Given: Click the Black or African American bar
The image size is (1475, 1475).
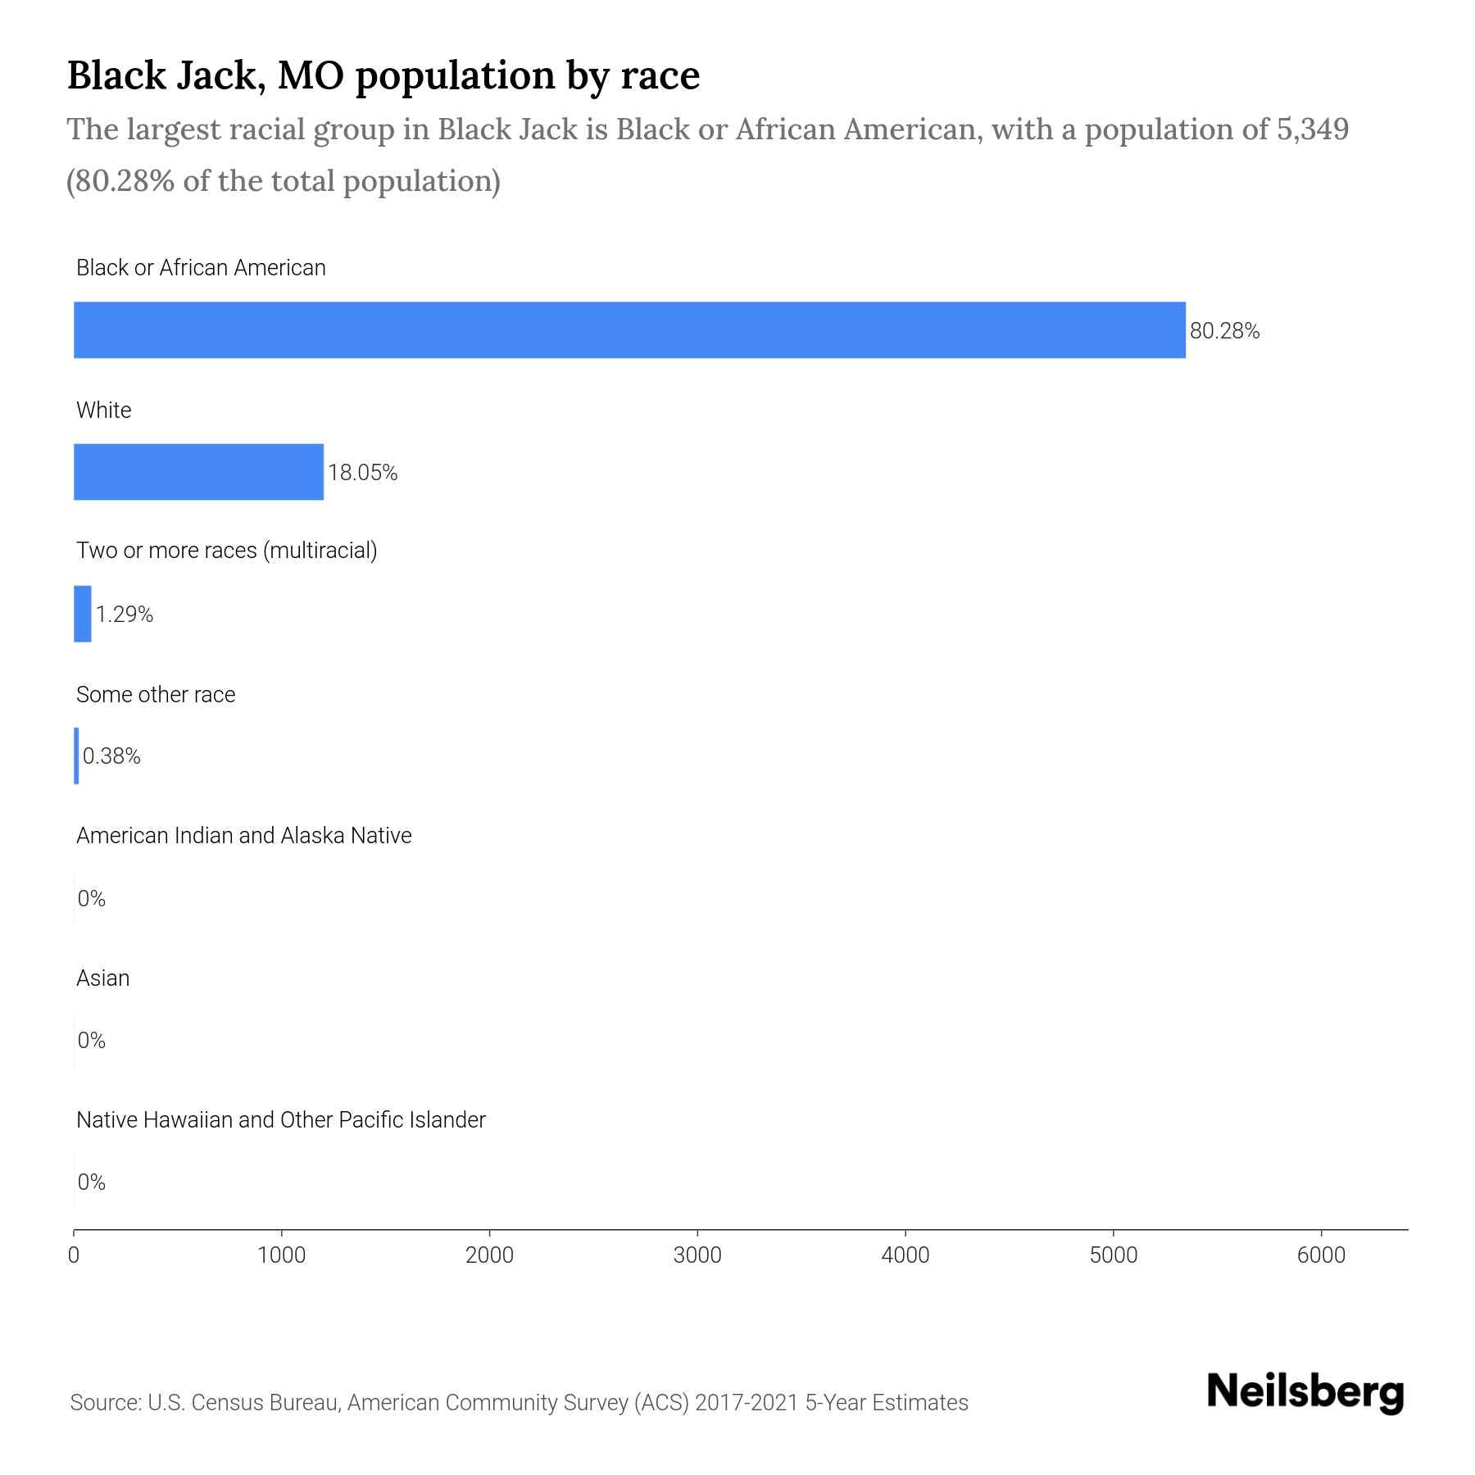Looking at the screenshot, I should (629, 329).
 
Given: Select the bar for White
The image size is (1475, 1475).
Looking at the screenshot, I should (198, 472).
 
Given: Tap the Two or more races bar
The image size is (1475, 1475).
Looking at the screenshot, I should (83, 614).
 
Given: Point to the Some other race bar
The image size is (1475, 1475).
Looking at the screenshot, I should (77, 756).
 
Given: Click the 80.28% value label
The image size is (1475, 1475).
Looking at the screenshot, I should (1224, 331).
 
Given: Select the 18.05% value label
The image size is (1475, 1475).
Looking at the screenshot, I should (362, 473).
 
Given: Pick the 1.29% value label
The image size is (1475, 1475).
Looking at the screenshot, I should (125, 615).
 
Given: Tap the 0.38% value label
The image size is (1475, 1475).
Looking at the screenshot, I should (111, 756).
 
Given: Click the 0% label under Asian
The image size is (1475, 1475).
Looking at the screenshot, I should (92, 1041).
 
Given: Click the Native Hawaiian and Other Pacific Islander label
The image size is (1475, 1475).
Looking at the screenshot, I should (280, 1120).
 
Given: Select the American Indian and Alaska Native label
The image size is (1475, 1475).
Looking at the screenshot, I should (243, 836).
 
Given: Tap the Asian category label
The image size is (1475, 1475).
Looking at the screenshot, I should (102, 978).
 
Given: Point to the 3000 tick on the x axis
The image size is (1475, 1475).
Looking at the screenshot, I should (697, 1255).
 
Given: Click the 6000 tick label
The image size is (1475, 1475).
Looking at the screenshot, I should (1321, 1255).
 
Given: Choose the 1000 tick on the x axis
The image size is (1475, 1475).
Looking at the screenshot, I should (281, 1255).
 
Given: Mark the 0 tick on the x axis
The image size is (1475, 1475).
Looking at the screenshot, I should (74, 1255).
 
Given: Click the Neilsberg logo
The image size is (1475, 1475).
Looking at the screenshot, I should (1305, 1392).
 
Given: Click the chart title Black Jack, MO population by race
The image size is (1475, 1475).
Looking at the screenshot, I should (383, 75).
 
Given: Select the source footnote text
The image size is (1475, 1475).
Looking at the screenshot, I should (519, 1403).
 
